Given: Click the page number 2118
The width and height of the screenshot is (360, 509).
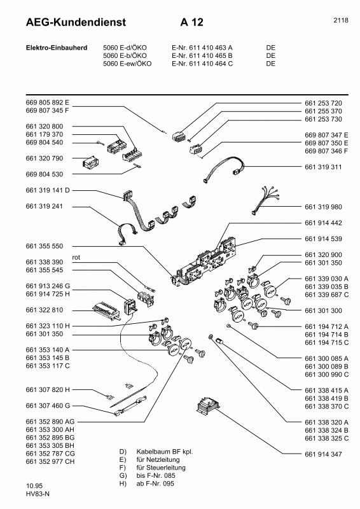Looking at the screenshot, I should (x=340, y=20).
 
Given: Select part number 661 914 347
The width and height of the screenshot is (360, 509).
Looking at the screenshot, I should (x=324, y=454).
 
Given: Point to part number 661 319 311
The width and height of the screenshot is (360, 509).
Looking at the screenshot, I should (x=324, y=167).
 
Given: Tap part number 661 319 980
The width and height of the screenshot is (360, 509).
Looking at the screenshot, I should (x=324, y=206).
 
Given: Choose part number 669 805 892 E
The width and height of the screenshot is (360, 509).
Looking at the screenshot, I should (x=48, y=102).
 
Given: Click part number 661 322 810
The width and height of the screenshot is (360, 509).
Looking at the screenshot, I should (x=45, y=310).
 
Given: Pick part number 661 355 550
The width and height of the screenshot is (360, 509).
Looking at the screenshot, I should (x=45, y=246).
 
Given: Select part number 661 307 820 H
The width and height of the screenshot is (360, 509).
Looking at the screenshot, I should (x=48, y=389).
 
